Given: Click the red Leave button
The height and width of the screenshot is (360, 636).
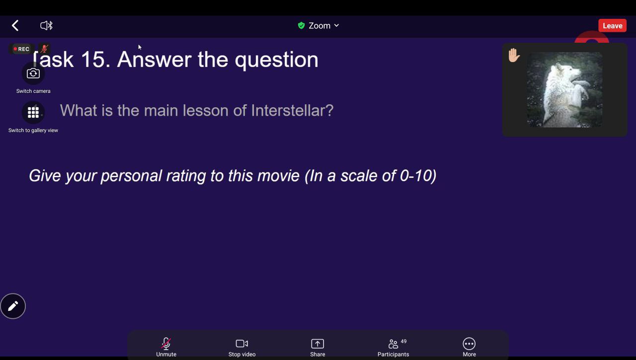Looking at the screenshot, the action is [x=613, y=25].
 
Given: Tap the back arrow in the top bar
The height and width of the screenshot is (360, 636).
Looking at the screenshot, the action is [x=15, y=25].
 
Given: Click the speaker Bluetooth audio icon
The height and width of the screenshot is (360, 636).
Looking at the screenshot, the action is [x=46, y=25].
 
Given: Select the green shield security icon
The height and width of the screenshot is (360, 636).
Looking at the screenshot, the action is [x=301, y=25].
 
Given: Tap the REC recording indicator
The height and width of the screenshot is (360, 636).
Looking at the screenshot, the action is [x=21, y=49].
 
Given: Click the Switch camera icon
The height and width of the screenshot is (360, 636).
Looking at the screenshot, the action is [x=33, y=73].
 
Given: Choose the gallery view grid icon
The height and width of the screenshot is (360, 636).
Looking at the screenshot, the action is [x=33, y=113].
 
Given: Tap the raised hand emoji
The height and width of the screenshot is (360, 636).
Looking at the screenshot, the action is [x=514, y=55].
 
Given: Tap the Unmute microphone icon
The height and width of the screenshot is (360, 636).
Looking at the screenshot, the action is [x=166, y=344].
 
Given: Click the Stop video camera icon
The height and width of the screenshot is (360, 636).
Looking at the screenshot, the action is [x=242, y=344].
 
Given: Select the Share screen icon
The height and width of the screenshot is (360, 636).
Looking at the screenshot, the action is [x=318, y=344].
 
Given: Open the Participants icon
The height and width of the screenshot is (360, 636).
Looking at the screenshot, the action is [x=393, y=344].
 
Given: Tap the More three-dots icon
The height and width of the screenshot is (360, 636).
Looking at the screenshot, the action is [x=469, y=344].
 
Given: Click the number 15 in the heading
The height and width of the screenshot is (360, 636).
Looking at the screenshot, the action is [x=92, y=60].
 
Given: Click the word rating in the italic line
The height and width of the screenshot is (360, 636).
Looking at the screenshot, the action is [x=186, y=176].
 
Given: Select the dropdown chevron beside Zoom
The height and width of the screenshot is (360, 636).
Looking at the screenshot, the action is [x=336, y=25].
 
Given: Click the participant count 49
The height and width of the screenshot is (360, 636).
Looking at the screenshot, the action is [x=403, y=341].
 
